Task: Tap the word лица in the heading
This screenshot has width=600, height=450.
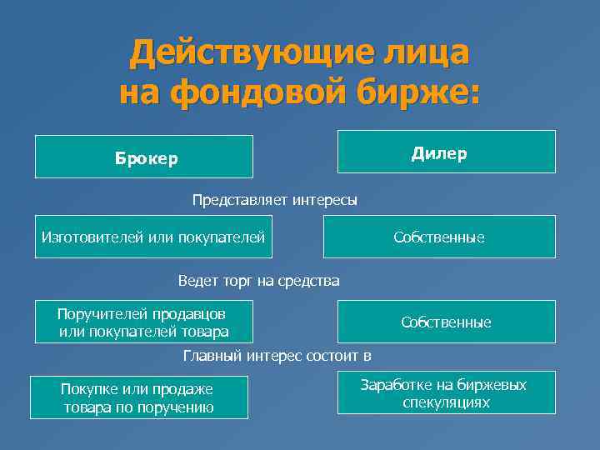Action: (425, 53)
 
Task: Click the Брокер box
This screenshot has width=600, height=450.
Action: (144, 157)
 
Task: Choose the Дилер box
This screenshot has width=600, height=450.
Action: (446, 152)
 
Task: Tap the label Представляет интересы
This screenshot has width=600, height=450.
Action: (275, 200)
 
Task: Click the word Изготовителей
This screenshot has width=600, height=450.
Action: (91, 238)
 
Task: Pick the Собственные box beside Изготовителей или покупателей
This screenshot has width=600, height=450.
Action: (439, 238)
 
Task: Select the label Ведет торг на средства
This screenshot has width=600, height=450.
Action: (258, 281)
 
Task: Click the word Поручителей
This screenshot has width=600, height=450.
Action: (100, 314)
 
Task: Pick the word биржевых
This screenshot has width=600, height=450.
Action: (496, 385)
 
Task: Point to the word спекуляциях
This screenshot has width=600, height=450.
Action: (446, 403)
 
